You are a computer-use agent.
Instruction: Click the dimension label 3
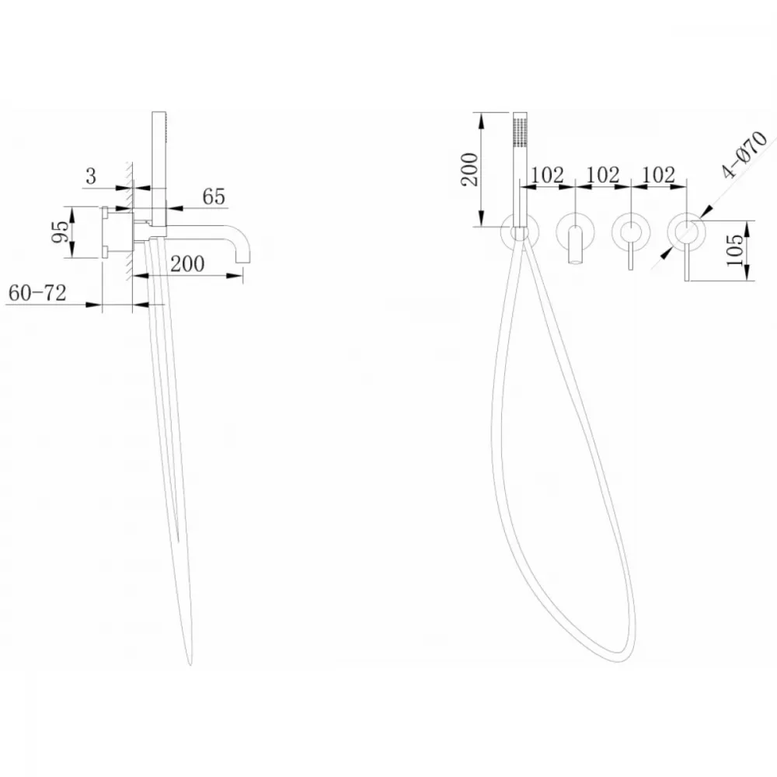91,176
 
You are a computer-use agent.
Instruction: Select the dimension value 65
214,197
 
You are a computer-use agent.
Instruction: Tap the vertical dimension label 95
61,232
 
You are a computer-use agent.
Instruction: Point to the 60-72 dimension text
37,293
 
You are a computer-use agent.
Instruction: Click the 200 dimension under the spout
187,264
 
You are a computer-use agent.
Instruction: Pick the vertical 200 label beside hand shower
470,169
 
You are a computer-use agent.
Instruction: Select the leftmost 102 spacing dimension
548,175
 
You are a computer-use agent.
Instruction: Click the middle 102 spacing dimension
603,175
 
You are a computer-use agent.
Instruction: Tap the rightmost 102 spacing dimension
659,175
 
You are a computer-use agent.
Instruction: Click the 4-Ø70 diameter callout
744,154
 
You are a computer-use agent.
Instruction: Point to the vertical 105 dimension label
735,250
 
